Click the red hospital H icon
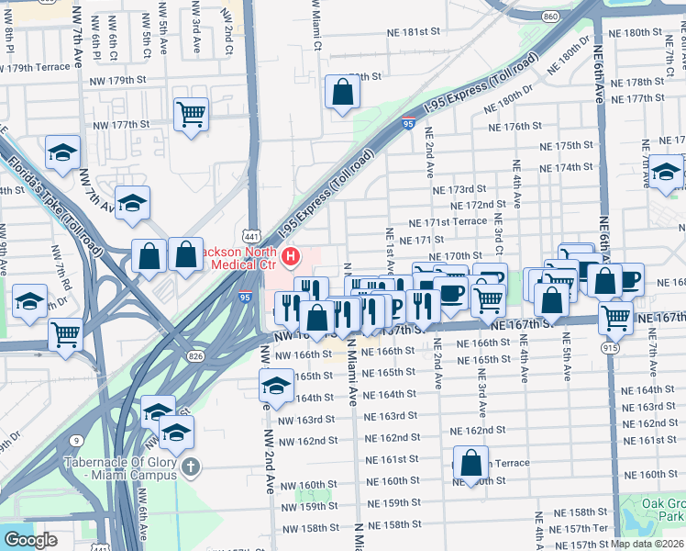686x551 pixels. pyautogui.click(x=291, y=254)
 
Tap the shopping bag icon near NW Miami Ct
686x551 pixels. pyautogui.click(x=342, y=93)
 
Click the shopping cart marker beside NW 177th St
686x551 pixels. pyautogui.click(x=192, y=115)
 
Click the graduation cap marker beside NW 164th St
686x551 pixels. pyautogui.click(x=276, y=387)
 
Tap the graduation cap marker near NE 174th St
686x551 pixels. pyautogui.click(x=667, y=172)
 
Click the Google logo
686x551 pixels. pyautogui.click(x=30, y=540)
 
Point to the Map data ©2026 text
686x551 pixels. pyautogui.click(x=647, y=544)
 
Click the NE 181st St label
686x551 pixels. pyautogui.click(x=410, y=30)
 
